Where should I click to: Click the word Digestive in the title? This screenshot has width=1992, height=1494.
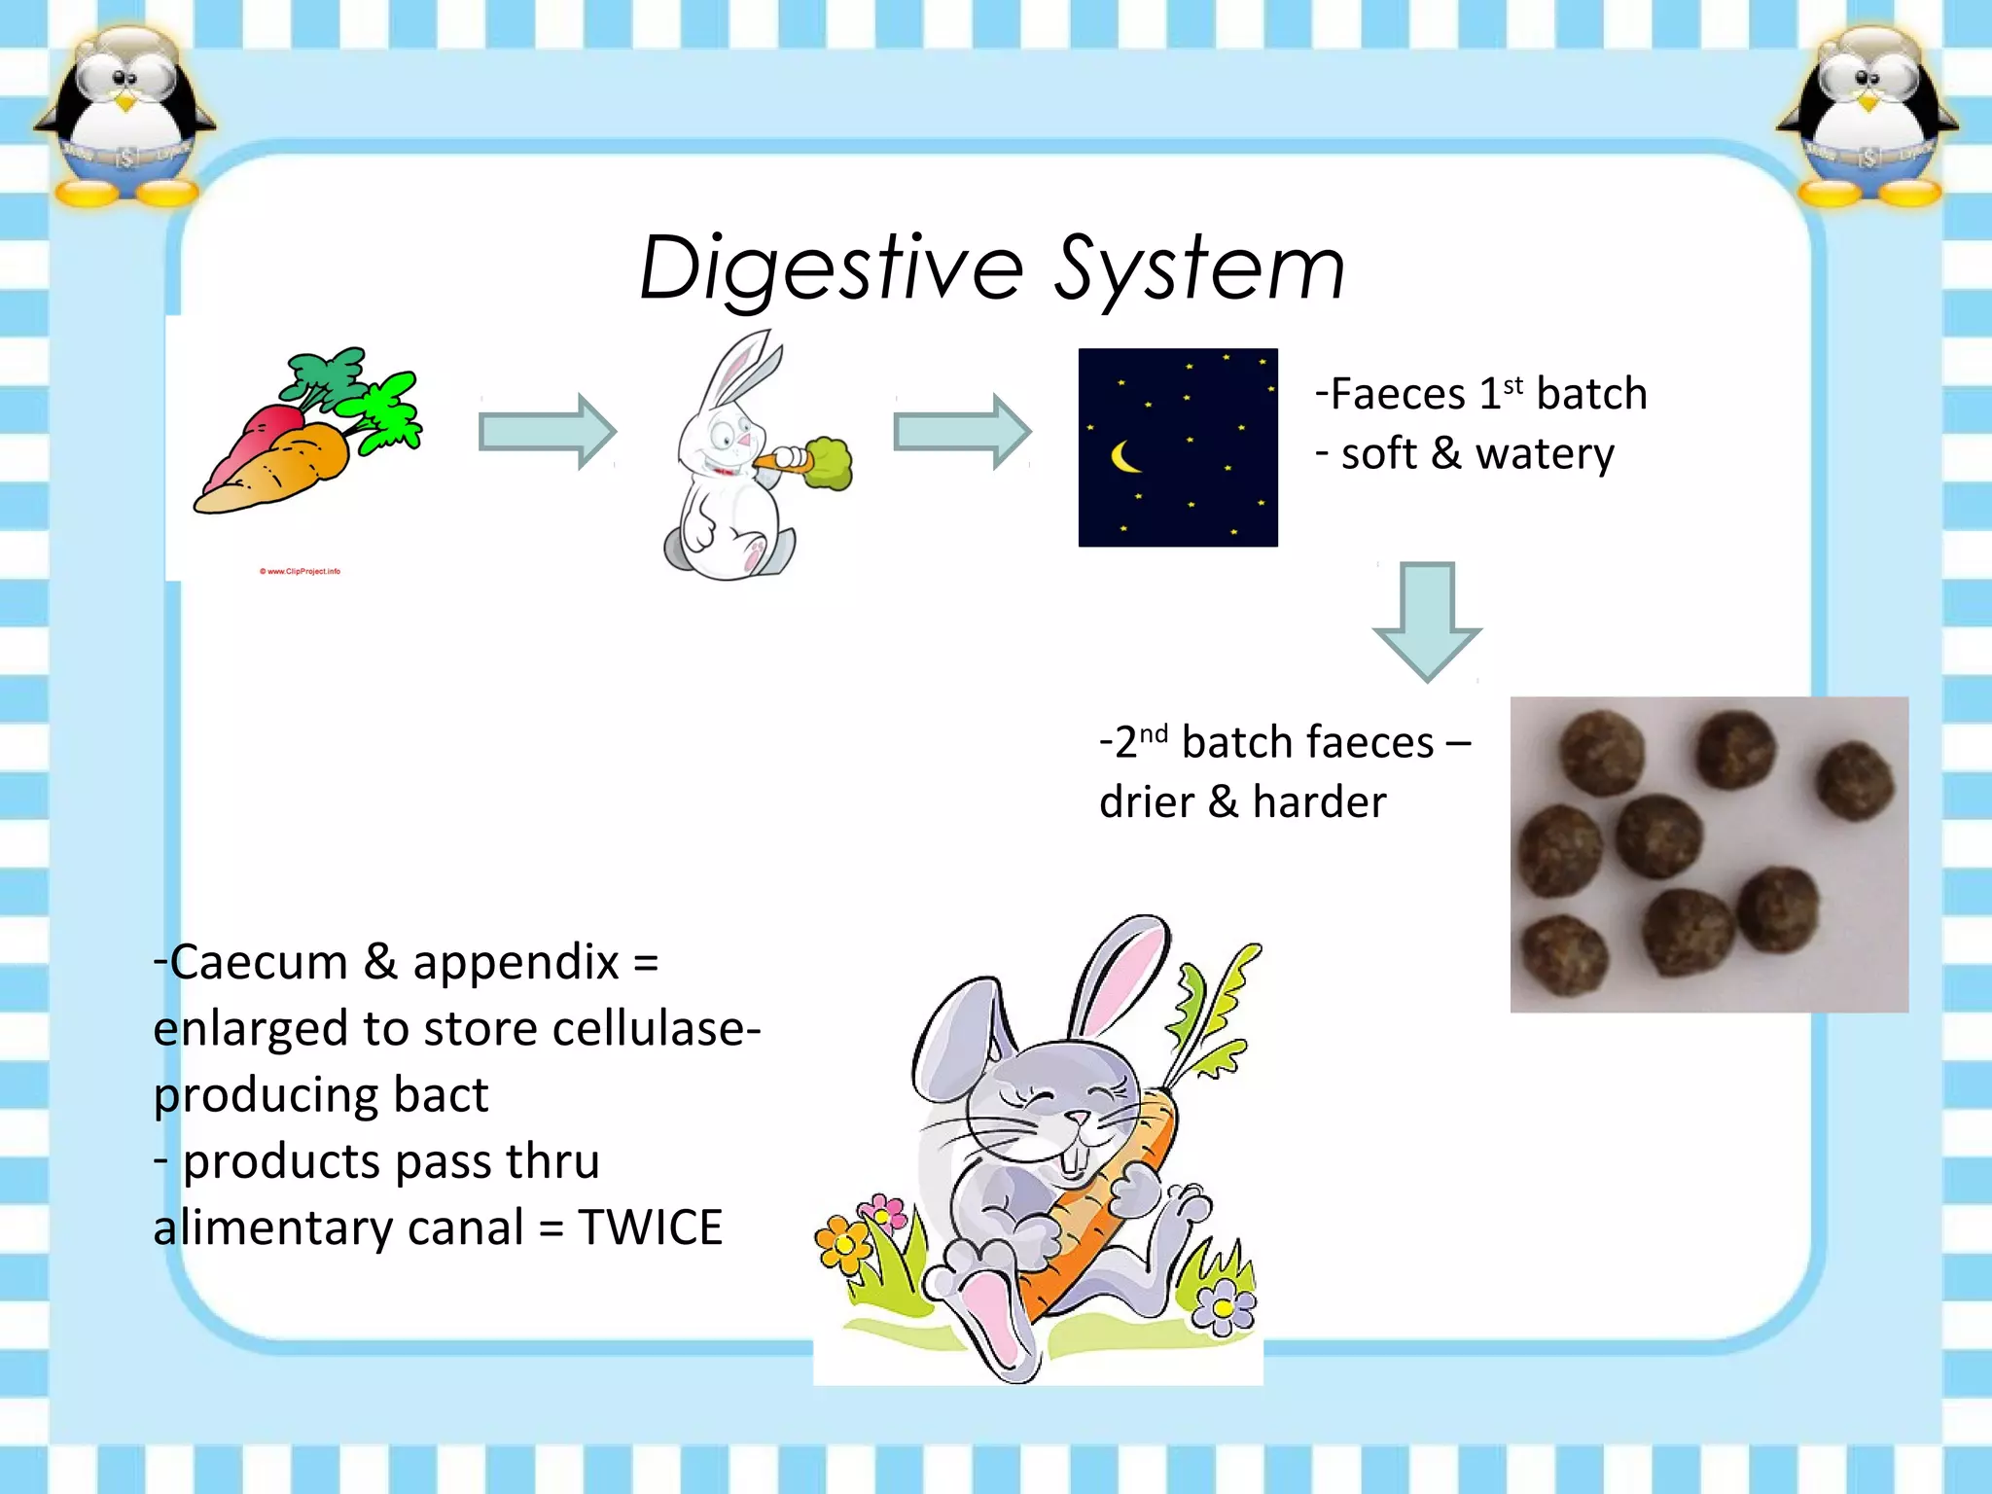click(x=832, y=268)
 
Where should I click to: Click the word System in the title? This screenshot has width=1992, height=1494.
click(x=1200, y=268)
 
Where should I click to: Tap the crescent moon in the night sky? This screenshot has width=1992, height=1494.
click(x=1124, y=456)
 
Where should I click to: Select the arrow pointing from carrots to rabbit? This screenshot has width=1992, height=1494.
click(x=548, y=431)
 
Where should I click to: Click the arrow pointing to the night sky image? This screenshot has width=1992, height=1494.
click(x=962, y=431)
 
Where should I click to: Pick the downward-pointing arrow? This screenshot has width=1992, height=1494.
click(x=1427, y=621)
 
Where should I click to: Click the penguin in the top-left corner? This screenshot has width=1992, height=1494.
click(x=124, y=117)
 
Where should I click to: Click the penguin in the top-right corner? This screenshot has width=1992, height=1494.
click(x=1867, y=117)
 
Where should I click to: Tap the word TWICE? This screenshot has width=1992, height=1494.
click(x=650, y=1227)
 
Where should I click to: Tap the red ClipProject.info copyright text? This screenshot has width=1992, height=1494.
click(x=300, y=572)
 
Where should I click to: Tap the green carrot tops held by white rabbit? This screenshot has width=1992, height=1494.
click(x=828, y=463)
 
